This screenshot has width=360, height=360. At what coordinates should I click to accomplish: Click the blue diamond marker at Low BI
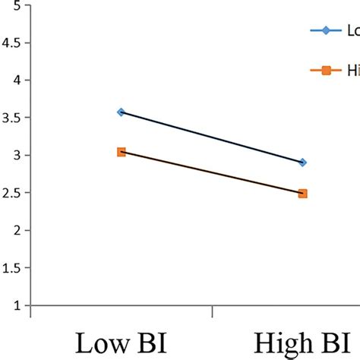pyautogui.click(x=121, y=112)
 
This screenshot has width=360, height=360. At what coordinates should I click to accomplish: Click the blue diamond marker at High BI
pyautogui.click(x=302, y=163)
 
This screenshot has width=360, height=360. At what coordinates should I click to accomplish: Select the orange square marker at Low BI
pyautogui.click(x=121, y=152)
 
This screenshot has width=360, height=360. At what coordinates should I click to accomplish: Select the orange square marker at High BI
pyautogui.click(x=302, y=194)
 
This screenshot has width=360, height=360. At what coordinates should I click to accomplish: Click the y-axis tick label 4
pyautogui.click(x=16, y=80)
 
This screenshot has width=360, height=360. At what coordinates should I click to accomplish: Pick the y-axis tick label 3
pyautogui.click(x=16, y=156)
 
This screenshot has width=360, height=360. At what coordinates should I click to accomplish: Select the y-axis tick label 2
pyautogui.click(x=16, y=231)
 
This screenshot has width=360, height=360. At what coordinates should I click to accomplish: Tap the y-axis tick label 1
pyautogui.click(x=16, y=306)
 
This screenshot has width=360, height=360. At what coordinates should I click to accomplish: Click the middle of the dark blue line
pyautogui.click(x=211, y=137)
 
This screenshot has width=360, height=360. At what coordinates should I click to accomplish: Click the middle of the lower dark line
pyautogui.click(x=211, y=173)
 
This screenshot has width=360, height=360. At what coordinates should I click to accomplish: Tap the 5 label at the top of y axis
pyautogui.click(x=16, y=5)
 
